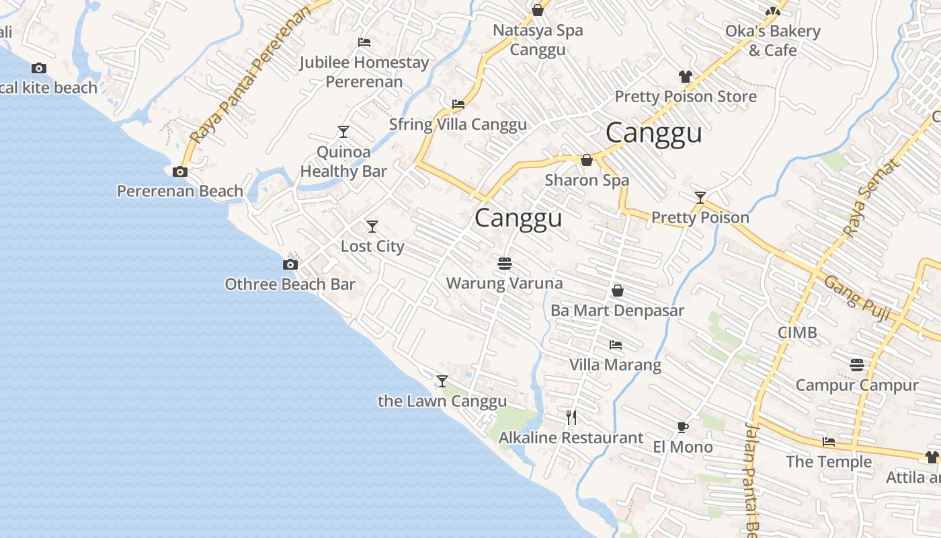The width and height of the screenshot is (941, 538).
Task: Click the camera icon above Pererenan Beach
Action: pyautogui.click(x=179, y=171)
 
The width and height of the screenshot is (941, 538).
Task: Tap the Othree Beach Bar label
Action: pyautogui.click(x=290, y=284)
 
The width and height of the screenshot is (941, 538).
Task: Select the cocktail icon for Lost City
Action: pyautogui.click(x=372, y=227)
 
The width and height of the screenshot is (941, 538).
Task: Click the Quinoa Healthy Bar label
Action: pyautogui.click(x=343, y=161)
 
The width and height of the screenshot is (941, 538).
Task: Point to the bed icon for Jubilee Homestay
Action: pyautogui.click(x=364, y=42)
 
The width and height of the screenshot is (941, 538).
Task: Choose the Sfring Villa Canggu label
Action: pyautogui.click(x=458, y=124)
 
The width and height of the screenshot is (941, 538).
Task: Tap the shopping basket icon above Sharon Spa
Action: pyautogui.click(x=587, y=160)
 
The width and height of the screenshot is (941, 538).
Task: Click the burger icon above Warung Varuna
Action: pyautogui.click(x=505, y=264)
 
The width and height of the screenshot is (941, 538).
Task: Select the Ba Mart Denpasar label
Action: pyautogui.click(x=617, y=311)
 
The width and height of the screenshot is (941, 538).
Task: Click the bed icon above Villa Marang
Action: pyautogui.click(x=615, y=345)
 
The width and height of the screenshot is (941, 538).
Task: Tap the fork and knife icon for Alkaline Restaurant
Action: pyautogui.click(x=571, y=418)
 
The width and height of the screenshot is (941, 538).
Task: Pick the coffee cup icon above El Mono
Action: pyautogui.click(x=682, y=427)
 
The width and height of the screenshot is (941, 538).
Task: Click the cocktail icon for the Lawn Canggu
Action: pyautogui.click(x=442, y=381)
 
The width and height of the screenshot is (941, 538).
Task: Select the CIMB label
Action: pyautogui.click(x=797, y=332)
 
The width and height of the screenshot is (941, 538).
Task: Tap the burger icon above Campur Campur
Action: pyautogui.click(x=856, y=365)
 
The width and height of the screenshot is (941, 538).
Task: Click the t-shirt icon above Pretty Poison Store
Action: pyautogui.click(x=685, y=77)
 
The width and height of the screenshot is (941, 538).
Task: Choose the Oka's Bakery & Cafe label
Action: pyautogui.click(x=772, y=40)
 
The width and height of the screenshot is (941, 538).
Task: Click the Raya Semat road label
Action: pyautogui.click(x=870, y=198)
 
